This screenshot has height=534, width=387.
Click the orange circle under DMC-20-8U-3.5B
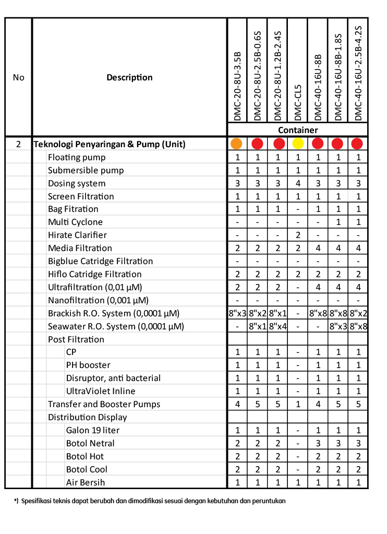[x=237, y=144]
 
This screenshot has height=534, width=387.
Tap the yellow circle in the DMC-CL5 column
[x=298, y=144]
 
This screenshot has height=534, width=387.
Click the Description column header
[x=129, y=77]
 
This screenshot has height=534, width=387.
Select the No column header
[x=19, y=77]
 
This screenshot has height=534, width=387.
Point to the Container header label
[x=297, y=130]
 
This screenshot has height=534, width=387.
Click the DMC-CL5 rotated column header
[x=298, y=102]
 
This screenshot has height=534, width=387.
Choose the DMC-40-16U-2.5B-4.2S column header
[x=358, y=73]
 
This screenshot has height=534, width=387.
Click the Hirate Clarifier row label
[x=77, y=235]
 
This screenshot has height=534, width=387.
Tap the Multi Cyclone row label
[x=75, y=222]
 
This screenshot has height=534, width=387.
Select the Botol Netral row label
[x=90, y=443]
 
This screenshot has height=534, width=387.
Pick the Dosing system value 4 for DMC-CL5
[x=298, y=183]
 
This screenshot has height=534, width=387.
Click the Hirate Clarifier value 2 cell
[x=298, y=235]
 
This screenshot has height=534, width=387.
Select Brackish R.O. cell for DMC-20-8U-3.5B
[x=237, y=313]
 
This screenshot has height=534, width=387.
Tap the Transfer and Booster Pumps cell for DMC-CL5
[x=298, y=404]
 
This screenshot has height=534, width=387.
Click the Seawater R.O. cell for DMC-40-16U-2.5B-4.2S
[x=358, y=326]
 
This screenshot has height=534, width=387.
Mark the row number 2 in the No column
[x=19, y=144]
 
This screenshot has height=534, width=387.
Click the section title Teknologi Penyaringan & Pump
[x=110, y=144]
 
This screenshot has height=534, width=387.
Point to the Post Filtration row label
[x=76, y=339]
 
